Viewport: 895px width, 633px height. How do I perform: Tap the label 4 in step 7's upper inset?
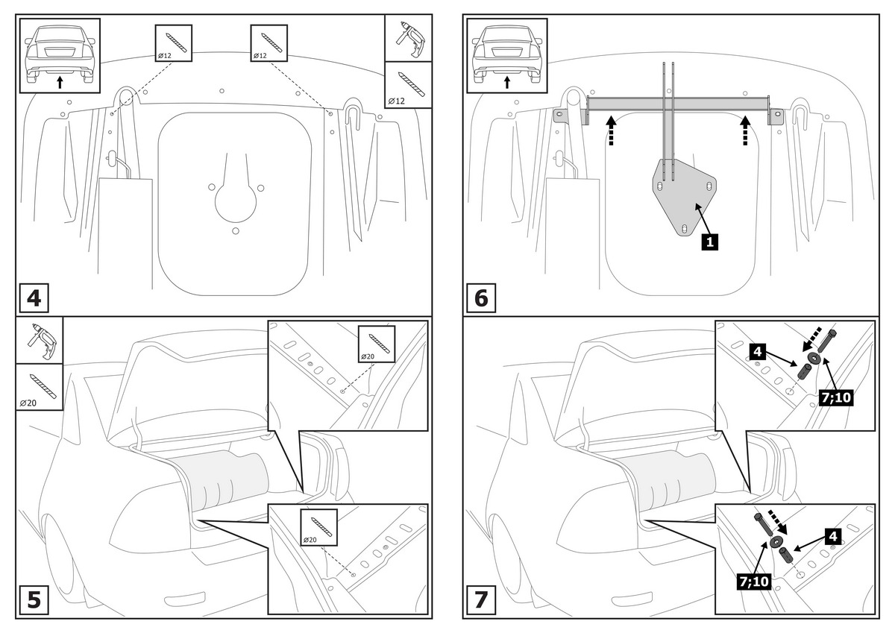[756, 349]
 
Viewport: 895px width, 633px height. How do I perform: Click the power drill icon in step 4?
[408, 38]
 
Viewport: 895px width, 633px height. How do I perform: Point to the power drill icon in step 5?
[39, 340]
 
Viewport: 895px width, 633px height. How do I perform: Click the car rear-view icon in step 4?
[60, 54]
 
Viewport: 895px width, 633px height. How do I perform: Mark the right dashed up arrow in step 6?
[744, 130]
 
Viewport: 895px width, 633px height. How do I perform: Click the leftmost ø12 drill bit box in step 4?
[173, 43]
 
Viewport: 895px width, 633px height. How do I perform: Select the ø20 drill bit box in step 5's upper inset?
[376, 344]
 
